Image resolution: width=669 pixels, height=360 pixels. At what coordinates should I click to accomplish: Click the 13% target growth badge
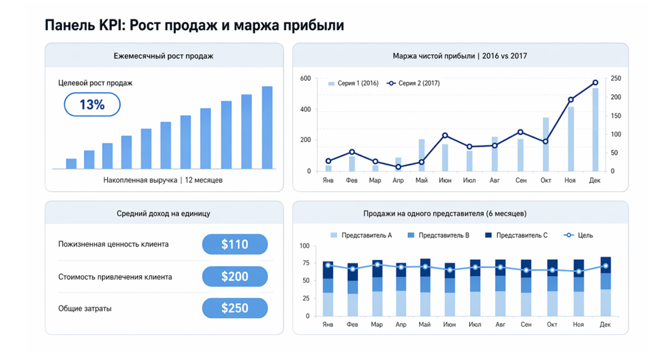pos(92,105)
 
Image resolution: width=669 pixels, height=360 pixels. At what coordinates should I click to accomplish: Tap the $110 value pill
pos(235,244)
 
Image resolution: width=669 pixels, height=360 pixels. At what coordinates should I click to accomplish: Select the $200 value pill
pos(235,276)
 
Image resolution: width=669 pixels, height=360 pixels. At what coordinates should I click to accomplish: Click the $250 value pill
pos(235,308)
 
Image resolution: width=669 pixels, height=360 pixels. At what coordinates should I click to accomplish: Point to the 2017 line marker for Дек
pos(595,83)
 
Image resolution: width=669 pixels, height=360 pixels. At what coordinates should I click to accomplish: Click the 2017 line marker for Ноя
pos(570,100)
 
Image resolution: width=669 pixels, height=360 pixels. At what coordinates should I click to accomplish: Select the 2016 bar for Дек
pos(595,129)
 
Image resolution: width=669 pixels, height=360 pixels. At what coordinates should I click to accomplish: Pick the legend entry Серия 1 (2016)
pos(354,83)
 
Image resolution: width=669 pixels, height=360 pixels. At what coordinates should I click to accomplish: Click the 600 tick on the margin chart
pos(305,79)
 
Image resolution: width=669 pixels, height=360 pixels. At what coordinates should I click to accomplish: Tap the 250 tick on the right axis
pos(616,79)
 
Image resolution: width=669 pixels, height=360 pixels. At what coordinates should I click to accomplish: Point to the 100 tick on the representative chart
pos(305,246)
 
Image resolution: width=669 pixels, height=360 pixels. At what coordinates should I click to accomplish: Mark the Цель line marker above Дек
pos(605,266)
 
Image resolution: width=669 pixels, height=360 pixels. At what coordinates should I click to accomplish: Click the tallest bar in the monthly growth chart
pos(267,127)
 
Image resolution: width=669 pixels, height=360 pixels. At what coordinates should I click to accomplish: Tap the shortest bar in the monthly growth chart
pos(71,163)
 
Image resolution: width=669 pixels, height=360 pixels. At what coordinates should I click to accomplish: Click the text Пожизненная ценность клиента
pos(113,244)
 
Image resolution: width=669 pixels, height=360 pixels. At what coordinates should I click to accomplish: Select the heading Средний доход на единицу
pos(164,214)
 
